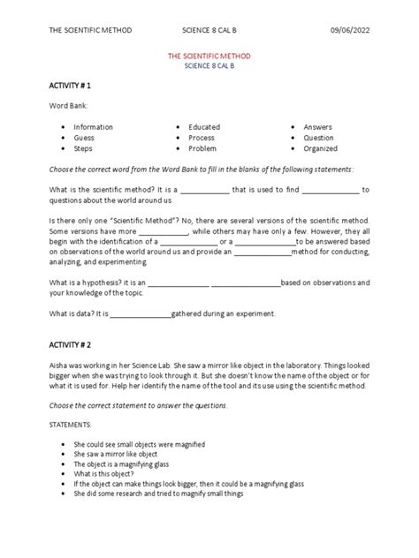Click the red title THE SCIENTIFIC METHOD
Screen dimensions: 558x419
[x=209, y=56]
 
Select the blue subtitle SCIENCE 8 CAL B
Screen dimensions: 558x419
[x=209, y=66]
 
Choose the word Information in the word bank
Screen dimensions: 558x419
[x=94, y=127]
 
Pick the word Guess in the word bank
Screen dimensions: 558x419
[x=85, y=138]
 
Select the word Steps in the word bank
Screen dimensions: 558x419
[x=84, y=148]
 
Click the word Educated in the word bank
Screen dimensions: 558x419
[x=204, y=127]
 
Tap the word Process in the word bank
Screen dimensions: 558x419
[x=202, y=138]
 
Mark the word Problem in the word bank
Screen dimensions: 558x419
[x=202, y=148]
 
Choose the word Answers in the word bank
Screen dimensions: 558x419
[x=318, y=127]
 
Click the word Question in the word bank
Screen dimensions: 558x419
[x=319, y=138]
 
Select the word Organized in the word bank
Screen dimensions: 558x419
[x=322, y=148]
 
